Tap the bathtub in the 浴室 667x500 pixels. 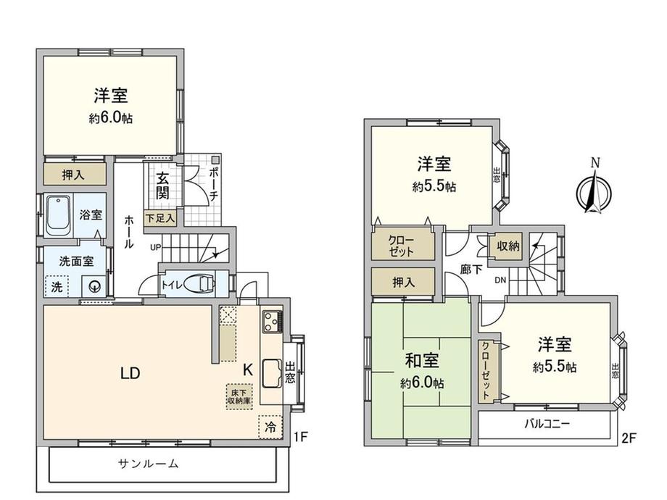point(57,215)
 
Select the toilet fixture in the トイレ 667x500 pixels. point(199,283)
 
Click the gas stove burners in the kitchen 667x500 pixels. point(272,322)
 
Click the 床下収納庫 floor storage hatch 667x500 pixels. point(239,396)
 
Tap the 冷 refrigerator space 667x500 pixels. point(270,426)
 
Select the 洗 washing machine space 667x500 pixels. point(57,287)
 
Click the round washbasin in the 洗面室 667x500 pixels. point(94,287)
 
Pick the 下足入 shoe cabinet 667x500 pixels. point(160,218)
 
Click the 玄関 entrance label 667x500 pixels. point(162,186)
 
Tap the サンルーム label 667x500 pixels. point(148,464)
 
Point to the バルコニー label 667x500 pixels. point(547,423)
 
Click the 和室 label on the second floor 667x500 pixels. point(421,361)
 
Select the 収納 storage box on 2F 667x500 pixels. point(508,246)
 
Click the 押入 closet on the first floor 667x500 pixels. point(75,175)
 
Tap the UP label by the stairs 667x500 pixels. point(156,246)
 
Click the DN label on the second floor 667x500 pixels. point(500,280)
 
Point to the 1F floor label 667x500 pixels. point(300,437)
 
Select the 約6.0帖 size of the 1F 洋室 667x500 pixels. point(111,118)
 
